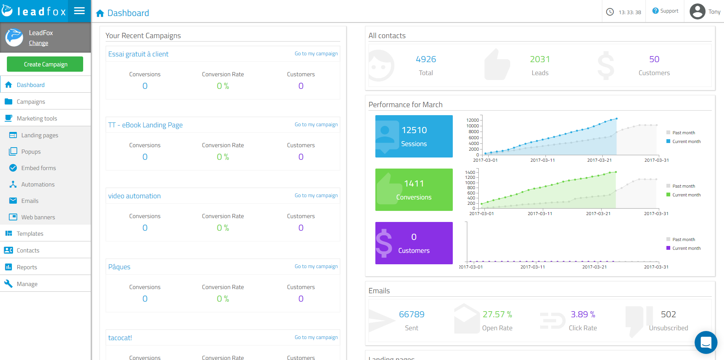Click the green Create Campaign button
coord(45,64)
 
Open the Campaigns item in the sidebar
coord(31,102)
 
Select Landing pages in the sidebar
coord(40,135)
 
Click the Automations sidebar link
coord(38,185)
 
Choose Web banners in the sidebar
coord(38,217)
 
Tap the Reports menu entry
coord(27,267)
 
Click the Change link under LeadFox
coord(39,43)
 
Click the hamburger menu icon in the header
coord(79,11)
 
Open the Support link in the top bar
coord(666,11)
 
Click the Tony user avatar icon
coord(697,11)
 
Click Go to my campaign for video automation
coord(316,196)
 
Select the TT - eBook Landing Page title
coord(145,125)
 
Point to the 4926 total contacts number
coord(426,59)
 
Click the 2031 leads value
coord(540,59)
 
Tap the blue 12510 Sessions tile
coord(414,136)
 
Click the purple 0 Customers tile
coord(414,243)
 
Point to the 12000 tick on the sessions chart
coord(473,120)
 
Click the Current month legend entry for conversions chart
coord(686,195)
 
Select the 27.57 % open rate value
coord(497,315)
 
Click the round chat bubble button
coord(706,342)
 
